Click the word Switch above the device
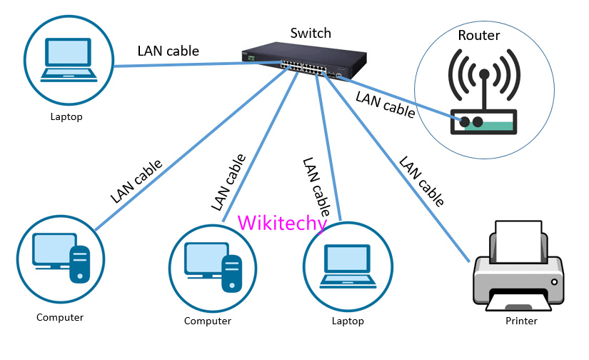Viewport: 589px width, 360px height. [311, 33]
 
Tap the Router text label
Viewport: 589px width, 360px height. [478, 36]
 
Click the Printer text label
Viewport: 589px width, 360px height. [520, 321]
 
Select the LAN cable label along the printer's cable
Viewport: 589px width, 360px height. [421, 183]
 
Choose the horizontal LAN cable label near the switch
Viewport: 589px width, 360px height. [168, 51]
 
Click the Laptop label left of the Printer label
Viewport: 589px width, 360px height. [348, 321]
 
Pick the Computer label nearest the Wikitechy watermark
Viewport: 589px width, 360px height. [208, 321]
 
